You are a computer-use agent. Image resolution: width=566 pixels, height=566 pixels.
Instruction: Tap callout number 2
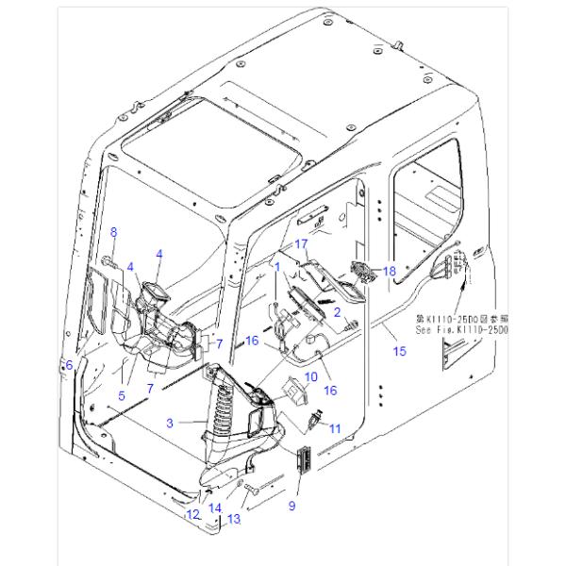coord(336,309)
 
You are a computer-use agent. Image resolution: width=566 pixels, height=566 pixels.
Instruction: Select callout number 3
coord(170,424)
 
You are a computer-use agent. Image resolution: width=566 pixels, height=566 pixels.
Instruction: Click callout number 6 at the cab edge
coord(67,364)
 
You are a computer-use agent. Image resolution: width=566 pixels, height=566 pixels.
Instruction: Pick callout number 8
coord(114,232)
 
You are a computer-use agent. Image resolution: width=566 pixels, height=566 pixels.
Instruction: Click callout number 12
coord(192,514)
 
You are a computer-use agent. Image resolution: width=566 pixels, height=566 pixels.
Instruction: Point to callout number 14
coord(215,508)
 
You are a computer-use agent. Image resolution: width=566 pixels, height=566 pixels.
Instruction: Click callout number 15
coord(399,351)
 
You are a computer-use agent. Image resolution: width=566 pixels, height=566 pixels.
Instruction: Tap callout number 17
coord(302,243)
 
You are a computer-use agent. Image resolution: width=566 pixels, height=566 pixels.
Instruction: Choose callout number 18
coord(390,271)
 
